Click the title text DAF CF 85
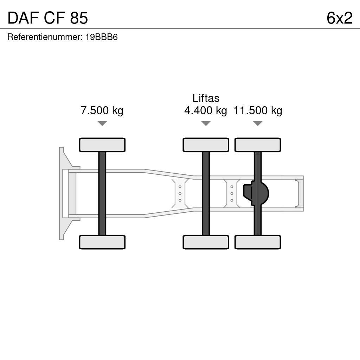click(x=47, y=18)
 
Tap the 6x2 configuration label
click(x=339, y=18)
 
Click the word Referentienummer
click(x=44, y=37)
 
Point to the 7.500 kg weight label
click(x=102, y=110)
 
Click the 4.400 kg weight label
click(x=205, y=110)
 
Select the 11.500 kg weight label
click(x=258, y=110)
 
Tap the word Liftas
click(x=206, y=98)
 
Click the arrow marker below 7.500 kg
click(x=102, y=123)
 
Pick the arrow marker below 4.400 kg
click(x=206, y=123)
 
